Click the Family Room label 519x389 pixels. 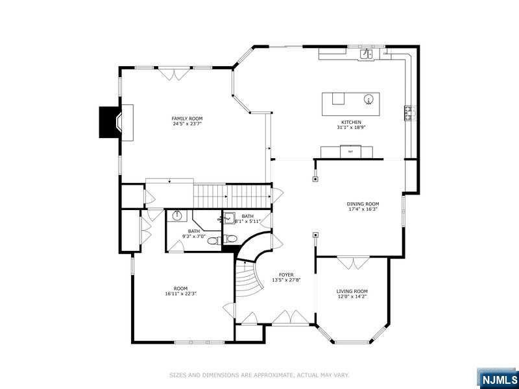pyautogui.click(x=187, y=119)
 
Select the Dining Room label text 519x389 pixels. pyautogui.click(x=363, y=204)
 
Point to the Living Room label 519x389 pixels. pyautogui.click(x=352, y=291)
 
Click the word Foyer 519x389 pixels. pyautogui.click(x=286, y=275)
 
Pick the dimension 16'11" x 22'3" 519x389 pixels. pyautogui.click(x=180, y=294)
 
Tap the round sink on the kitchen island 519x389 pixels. pyautogui.click(x=368, y=99)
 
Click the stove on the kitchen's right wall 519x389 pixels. pyautogui.click(x=409, y=113)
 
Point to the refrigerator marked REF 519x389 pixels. pyautogui.click(x=350, y=152)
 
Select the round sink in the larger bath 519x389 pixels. pyautogui.click(x=177, y=216)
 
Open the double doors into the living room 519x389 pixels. pyautogui.click(x=354, y=263)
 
